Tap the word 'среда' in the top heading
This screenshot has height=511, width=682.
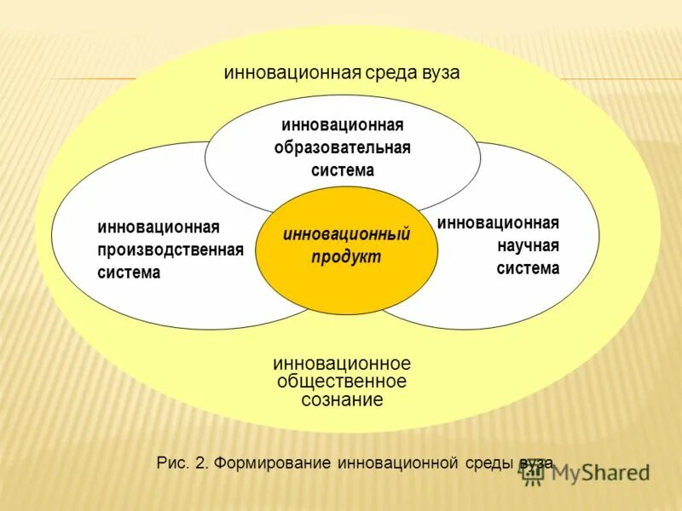389,72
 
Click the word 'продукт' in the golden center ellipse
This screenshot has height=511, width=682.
346,256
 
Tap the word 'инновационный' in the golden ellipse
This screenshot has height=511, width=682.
346,233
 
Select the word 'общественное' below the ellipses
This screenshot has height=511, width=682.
342,382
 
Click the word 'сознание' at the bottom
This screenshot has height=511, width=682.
342,399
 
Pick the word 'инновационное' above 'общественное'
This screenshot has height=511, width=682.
342,364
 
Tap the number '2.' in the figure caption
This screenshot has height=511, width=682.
201,463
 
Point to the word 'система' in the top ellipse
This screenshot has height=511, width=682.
342,170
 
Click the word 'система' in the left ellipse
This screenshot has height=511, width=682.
129,273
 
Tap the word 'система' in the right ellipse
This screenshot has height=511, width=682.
529,269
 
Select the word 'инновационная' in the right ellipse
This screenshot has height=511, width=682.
499,223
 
